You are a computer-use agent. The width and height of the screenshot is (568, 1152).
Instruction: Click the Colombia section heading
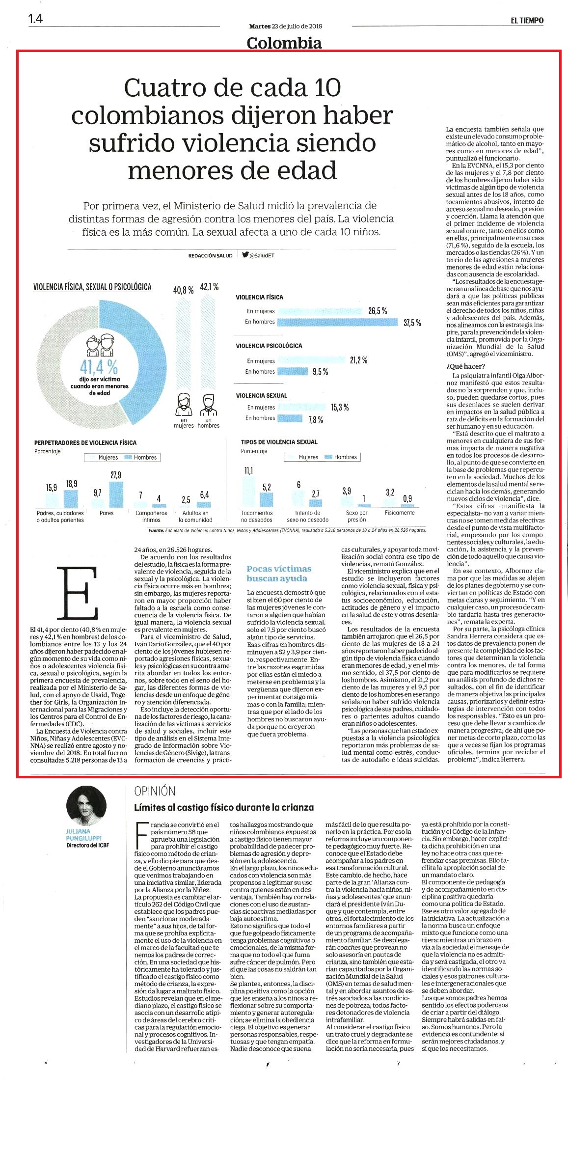284,43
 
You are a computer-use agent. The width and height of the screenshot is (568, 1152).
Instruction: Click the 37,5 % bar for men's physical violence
338,322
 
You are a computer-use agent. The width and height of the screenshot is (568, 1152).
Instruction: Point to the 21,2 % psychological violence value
358,360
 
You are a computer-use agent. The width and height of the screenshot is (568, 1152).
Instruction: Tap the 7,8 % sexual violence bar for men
291,418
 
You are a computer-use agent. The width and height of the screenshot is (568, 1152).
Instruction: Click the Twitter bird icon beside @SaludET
245,255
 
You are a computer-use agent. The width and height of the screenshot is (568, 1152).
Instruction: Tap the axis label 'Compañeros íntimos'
151,516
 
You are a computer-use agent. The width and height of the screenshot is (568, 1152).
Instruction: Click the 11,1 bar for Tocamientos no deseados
248,492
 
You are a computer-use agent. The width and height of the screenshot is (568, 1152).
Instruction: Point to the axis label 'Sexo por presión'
356,516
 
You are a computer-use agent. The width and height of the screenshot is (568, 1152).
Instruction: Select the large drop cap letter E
78,593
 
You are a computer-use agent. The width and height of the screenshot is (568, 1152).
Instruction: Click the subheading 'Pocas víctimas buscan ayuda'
279,574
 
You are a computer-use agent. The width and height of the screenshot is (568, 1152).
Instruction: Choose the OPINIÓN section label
155,791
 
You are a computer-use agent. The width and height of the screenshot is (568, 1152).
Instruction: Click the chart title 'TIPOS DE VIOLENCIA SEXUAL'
279,442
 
